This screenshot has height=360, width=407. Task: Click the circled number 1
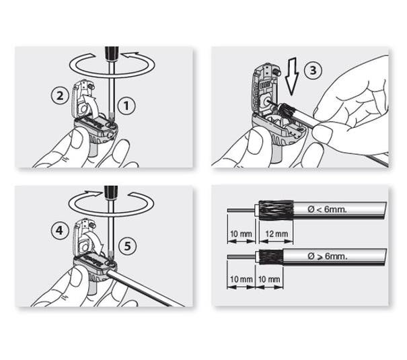124,104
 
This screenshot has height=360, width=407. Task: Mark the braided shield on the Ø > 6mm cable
268,256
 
